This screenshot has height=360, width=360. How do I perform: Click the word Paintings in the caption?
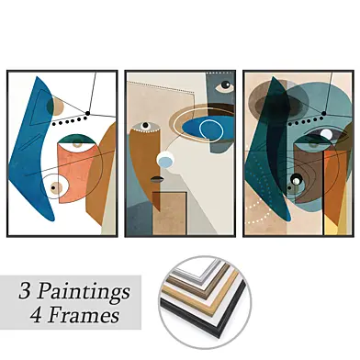(84, 292)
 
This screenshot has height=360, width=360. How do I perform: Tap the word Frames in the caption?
(84, 315)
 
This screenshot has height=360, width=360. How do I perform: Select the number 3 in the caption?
(25, 291)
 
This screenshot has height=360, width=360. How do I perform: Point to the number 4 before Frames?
(36, 315)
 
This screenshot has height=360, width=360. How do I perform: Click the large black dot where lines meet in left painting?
(88, 113)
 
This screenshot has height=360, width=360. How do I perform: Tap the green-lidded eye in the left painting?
(77, 143)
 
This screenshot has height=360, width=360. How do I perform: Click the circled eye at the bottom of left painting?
(55, 187)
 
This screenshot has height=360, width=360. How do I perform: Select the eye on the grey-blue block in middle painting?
(225, 86)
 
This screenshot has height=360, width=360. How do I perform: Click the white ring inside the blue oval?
(210, 130)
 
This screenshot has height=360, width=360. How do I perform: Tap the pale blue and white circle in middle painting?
(165, 160)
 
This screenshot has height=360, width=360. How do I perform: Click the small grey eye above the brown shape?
(145, 125)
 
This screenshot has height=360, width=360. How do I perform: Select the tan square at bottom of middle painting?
(169, 213)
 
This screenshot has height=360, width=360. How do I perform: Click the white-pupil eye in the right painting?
(326, 134)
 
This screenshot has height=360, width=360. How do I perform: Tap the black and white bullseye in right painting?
(296, 178)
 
